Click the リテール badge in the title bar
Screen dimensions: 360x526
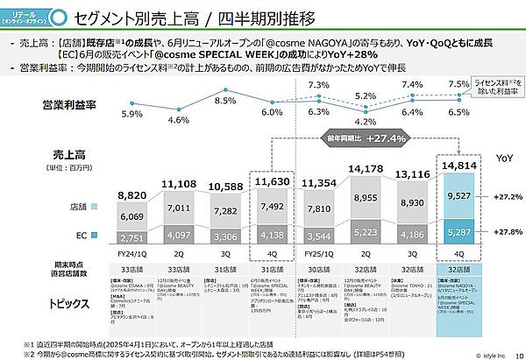click(x=25, y=17)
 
